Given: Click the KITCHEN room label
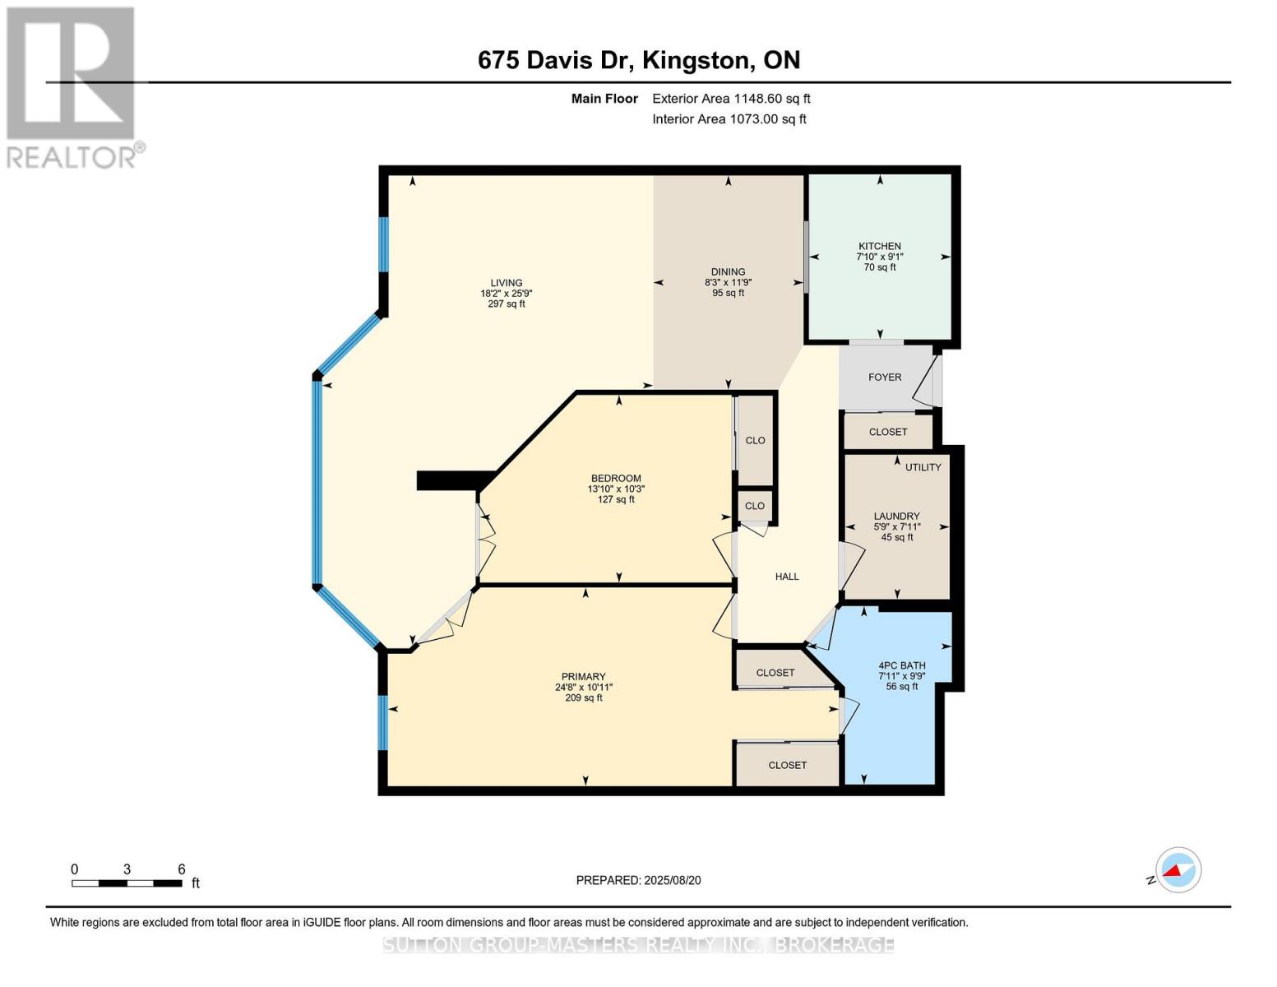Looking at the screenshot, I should (x=880, y=246).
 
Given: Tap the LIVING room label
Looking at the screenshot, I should (x=507, y=283).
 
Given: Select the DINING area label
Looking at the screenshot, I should (x=728, y=272).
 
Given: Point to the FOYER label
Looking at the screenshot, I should (x=885, y=378).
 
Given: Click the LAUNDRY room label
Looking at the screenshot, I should (x=896, y=517).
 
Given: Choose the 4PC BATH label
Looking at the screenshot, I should (x=902, y=666).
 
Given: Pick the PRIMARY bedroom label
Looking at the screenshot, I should (x=583, y=677).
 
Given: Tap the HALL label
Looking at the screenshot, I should (x=787, y=577).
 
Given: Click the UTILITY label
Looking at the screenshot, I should (x=923, y=467).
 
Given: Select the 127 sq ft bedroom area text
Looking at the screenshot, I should (x=616, y=499).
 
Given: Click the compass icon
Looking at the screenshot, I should (x=1178, y=869).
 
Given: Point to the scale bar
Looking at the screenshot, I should (x=127, y=883).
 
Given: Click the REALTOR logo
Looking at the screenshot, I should (x=72, y=86).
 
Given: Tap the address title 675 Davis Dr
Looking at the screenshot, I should (x=638, y=60).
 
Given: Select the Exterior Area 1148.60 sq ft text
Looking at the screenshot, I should (x=731, y=99).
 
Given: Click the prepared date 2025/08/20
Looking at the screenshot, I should (x=638, y=880).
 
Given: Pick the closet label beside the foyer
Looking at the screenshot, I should (x=888, y=432).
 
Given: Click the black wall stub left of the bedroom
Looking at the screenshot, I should (x=452, y=480).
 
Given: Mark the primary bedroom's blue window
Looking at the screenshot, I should (x=382, y=722).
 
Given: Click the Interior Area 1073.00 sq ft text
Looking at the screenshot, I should (x=729, y=119).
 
